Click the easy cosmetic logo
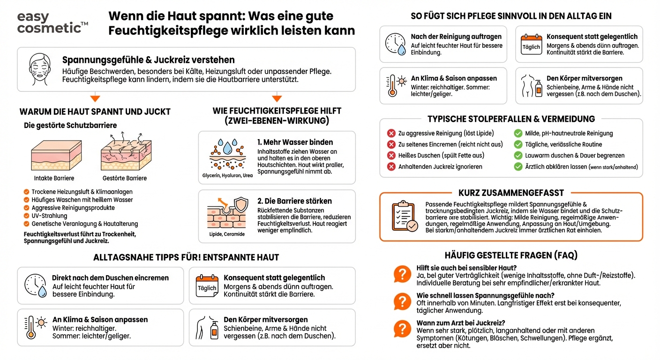click(x=52, y=22)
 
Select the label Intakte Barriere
click(x=54, y=178)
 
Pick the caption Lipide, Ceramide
click(x=227, y=234)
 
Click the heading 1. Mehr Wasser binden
click(x=295, y=142)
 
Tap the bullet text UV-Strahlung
click(x=49, y=216)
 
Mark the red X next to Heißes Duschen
click(x=391, y=156)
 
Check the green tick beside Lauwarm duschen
click(x=518, y=156)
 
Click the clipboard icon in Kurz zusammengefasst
click(x=404, y=217)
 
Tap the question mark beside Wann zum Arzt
click(x=402, y=328)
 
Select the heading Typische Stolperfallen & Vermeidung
click(x=511, y=119)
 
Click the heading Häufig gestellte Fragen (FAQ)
click(x=511, y=255)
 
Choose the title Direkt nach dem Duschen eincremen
click(x=110, y=278)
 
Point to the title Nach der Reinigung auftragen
click(x=456, y=37)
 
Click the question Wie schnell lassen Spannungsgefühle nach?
click(x=486, y=296)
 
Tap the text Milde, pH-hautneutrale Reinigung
click(x=569, y=134)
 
